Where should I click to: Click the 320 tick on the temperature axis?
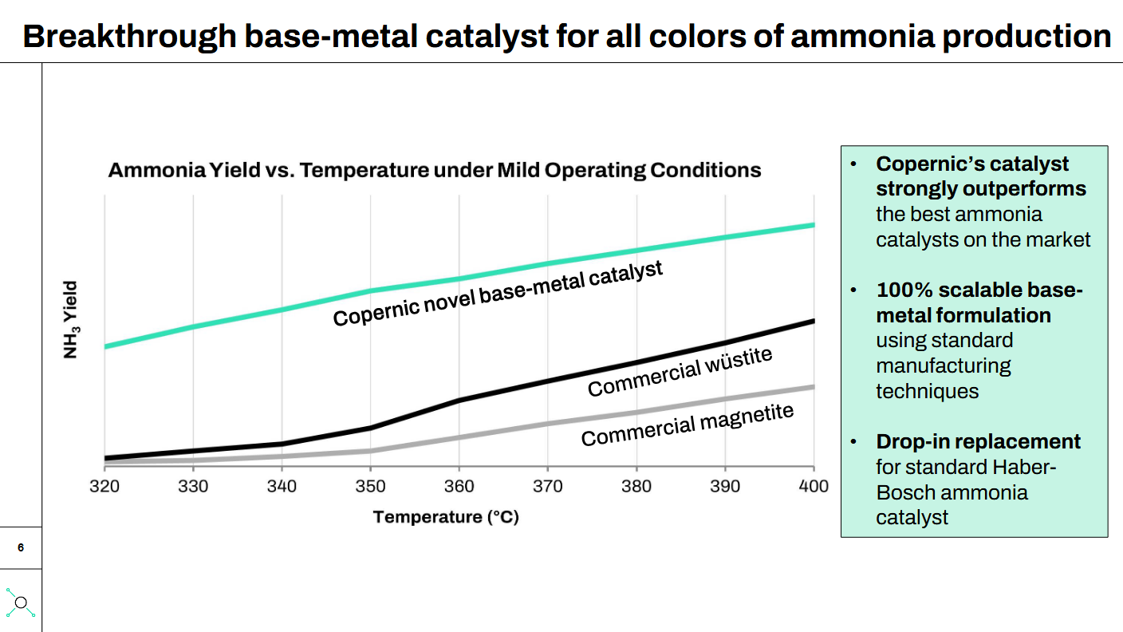[104, 486]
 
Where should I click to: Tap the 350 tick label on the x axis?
[370, 486]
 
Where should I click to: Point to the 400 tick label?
[813, 486]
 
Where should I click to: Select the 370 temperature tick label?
[547, 486]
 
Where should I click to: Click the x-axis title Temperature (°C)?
[446, 517]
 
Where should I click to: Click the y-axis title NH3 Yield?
[72, 319]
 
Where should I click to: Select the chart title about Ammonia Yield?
[435, 170]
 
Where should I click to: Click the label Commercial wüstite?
[680, 371]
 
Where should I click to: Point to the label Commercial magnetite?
[688, 425]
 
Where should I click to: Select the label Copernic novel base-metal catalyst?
[498, 294]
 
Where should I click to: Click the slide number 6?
[21, 547]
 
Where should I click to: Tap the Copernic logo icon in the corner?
[21, 602]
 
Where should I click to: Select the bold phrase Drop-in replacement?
[978, 441]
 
